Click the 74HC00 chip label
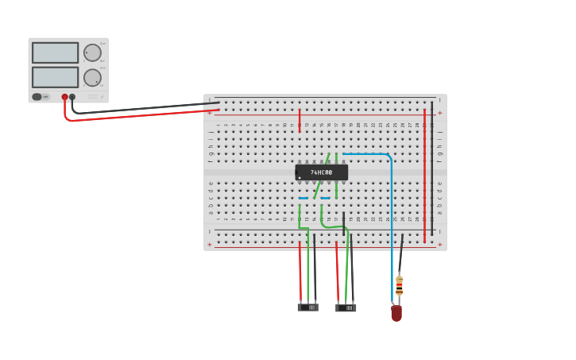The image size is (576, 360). pos(322,172)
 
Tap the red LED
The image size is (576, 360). pos(396,313)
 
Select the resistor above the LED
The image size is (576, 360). pos(399,285)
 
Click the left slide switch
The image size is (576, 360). pos(308,307)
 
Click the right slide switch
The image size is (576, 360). pos(346,307)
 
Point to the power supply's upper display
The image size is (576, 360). pos(56,52)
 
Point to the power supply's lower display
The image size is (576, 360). pos(56,77)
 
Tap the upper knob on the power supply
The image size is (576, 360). pos(92,53)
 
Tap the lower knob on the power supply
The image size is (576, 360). pos(92,78)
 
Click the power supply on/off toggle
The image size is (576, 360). pos(37,97)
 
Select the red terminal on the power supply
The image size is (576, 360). pos(65,97)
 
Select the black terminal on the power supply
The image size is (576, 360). pos(72,97)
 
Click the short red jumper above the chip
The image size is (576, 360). pos(300,120)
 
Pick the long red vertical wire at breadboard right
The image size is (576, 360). pos(424,175)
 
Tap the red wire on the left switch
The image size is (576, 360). pos(300,270)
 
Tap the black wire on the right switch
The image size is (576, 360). pos(351,270)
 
